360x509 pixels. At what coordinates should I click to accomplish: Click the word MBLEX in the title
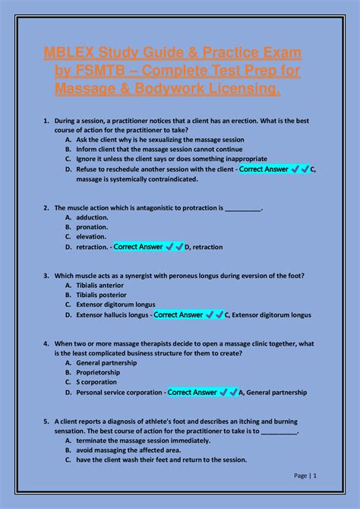[65, 53]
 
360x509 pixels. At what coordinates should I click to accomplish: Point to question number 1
[46, 121]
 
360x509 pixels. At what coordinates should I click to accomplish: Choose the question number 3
[46, 275]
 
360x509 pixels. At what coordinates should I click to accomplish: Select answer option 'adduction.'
[92, 217]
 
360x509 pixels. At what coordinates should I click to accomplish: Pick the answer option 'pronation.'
[92, 226]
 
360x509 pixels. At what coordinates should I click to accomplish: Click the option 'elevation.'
[92, 236]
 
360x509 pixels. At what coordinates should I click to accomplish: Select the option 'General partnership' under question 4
[106, 363]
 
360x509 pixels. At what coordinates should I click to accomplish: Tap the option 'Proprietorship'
[99, 373]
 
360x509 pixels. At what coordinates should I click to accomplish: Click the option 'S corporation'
[96, 383]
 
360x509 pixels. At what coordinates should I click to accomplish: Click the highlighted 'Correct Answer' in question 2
[137, 246]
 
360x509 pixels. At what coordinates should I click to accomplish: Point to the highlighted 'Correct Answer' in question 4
[192, 393]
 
